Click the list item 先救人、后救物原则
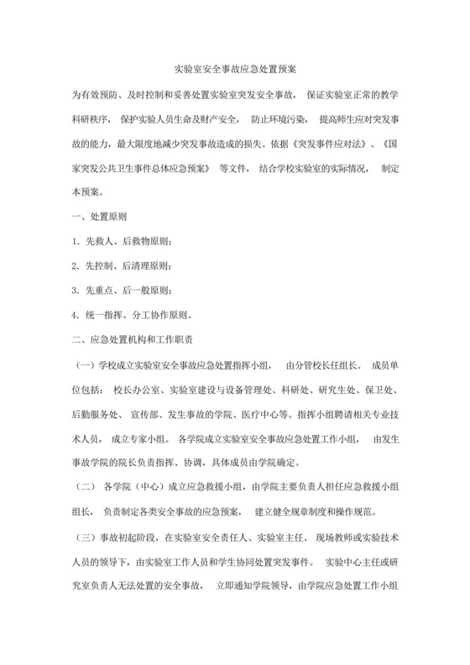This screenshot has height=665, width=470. click(x=126, y=241)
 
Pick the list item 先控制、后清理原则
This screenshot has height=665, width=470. click(x=126, y=265)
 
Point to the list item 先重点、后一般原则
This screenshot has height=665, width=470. click(x=126, y=291)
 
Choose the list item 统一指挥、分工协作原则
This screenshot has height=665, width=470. click(x=136, y=316)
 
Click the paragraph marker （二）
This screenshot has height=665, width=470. click(x=86, y=490)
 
